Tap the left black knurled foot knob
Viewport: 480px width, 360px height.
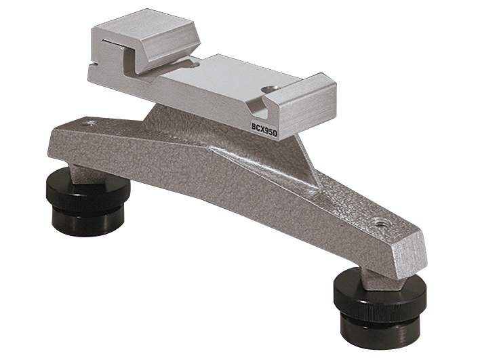coord(88,191)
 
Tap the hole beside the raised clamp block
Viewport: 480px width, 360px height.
coord(195,65)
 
